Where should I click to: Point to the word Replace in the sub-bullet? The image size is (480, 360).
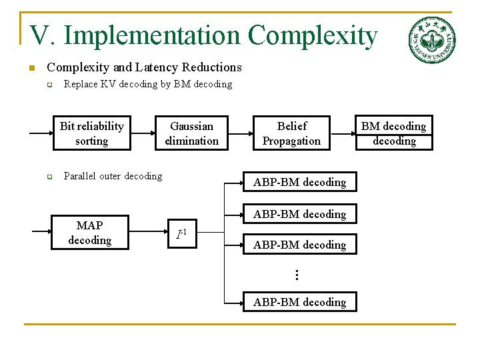pos(80,84)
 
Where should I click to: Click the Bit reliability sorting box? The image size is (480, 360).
pos(91,133)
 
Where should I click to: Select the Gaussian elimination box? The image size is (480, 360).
pos(191,133)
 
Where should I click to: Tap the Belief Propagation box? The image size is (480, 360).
pos(291,133)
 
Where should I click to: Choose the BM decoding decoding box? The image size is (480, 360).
pos(393,133)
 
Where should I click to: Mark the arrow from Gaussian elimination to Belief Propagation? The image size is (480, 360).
pos(241,133)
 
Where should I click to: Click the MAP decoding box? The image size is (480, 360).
pos(89,233)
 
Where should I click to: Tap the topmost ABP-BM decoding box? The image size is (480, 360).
pos(299,182)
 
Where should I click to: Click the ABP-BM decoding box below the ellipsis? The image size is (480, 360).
pos(299,302)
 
